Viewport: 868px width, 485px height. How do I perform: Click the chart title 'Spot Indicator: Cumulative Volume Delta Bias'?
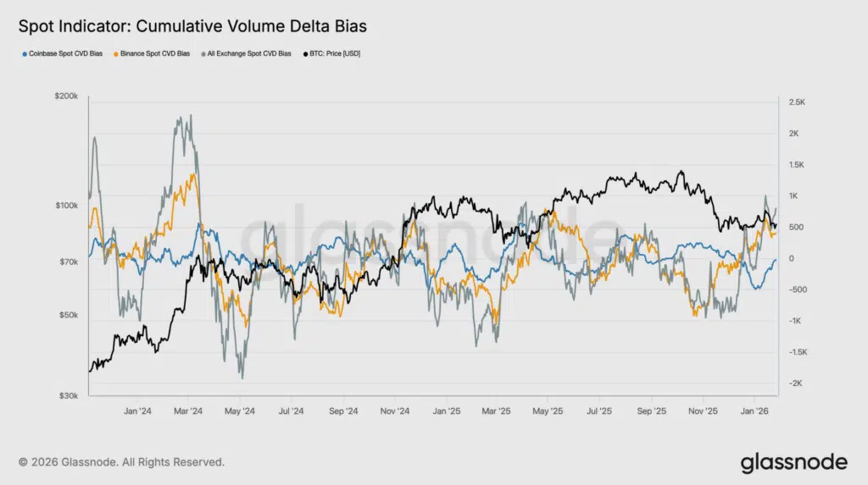(192, 26)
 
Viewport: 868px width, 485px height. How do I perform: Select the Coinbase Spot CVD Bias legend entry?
(63, 54)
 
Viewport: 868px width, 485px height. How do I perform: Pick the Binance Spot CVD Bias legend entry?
(153, 54)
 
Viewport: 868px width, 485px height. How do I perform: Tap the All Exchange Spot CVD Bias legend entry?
(247, 54)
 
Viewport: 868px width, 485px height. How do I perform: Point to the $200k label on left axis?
(65, 98)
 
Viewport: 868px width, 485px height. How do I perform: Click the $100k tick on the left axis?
(65, 206)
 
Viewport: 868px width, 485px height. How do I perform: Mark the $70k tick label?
(67, 262)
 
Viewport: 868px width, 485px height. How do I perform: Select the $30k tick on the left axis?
(67, 395)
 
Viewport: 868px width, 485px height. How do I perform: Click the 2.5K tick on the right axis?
(797, 102)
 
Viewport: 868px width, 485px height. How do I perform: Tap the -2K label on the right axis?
(795, 384)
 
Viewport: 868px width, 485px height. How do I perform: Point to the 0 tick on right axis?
(791, 259)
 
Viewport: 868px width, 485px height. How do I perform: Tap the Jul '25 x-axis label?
(599, 412)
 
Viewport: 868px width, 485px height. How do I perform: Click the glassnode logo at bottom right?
(793, 462)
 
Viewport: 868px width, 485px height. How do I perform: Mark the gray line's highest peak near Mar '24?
(190, 115)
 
